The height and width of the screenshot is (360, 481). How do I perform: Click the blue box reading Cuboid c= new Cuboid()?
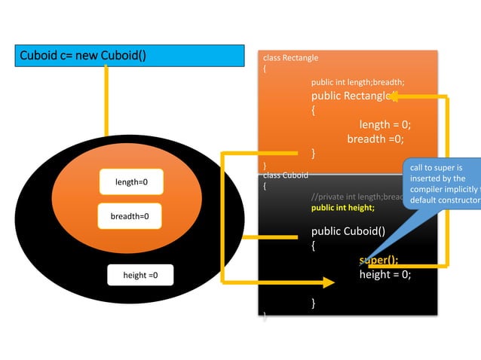(x=130, y=56)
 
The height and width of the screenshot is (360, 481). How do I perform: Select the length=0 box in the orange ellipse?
(x=131, y=182)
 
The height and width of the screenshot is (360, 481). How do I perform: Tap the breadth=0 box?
(x=130, y=216)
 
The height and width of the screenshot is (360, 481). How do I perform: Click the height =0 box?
(x=140, y=276)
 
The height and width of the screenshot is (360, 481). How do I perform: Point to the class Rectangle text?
(x=290, y=58)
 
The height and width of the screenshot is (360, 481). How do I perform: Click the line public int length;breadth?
(x=357, y=82)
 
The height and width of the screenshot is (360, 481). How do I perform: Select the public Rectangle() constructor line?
(x=351, y=96)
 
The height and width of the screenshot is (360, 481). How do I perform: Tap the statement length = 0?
(x=384, y=125)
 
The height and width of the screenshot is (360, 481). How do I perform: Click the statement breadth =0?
(x=375, y=139)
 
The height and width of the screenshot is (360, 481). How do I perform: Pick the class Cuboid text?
(x=285, y=175)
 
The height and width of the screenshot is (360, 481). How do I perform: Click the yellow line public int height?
(x=342, y=207)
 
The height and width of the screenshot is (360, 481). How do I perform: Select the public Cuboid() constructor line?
(x=348, y=231)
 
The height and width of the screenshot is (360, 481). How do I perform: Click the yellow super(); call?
(x=378, y=261)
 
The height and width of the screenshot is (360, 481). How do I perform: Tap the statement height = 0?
(x=384, y=275)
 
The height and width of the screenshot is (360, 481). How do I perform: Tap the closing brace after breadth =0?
(x=314, y=154)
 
